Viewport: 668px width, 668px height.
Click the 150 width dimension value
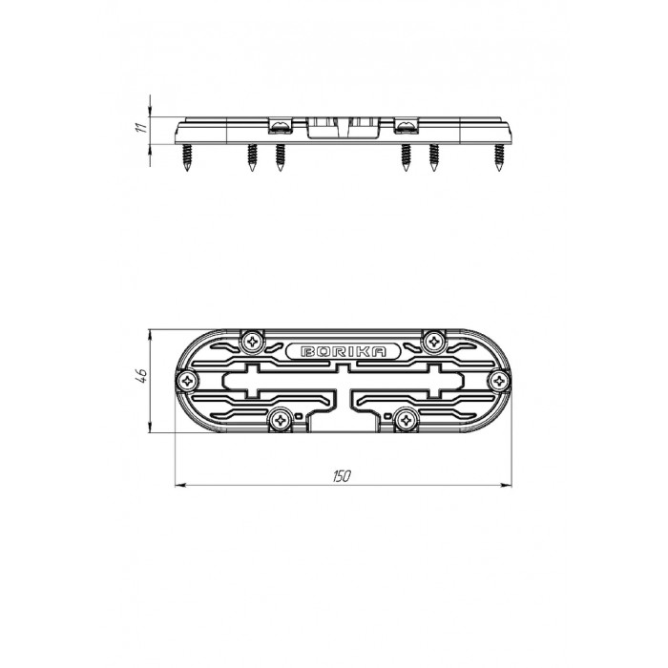(342, 476)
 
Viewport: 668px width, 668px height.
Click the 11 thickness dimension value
(141, 127)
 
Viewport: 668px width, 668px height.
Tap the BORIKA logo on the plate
(344, 351)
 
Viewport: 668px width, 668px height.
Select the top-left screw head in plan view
(252, 342)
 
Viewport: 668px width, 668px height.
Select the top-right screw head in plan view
(434, 342)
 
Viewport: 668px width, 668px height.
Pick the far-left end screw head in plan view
(187, 381)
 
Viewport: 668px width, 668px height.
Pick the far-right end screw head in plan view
(499, 381)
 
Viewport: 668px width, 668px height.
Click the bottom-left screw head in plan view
(281, 421)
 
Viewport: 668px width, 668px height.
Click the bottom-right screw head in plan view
(406, 421)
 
